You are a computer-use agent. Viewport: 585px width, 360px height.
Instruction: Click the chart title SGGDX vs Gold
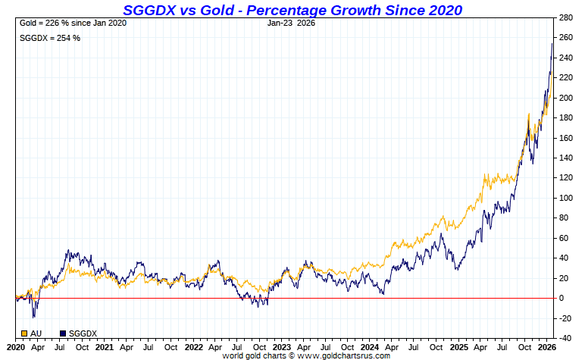click(292, 10)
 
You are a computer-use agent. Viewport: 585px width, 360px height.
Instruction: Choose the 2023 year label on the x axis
click(282, 347)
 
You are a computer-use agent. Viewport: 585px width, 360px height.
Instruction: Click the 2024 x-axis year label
click(371, 347)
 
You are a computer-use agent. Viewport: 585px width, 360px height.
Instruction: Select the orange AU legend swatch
click(25, 333)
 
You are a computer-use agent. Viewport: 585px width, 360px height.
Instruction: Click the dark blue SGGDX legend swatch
click(63, 333)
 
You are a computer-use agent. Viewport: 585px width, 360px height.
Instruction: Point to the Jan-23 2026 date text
click(292, 23)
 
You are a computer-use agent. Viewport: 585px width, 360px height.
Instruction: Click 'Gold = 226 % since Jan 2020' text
click(73, 23)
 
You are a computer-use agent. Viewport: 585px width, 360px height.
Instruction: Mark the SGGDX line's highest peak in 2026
click(552, 44)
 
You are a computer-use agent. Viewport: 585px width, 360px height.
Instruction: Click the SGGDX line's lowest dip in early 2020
click(33, 317)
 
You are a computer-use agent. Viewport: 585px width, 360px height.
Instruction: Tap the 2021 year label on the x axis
click(105, 347)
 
